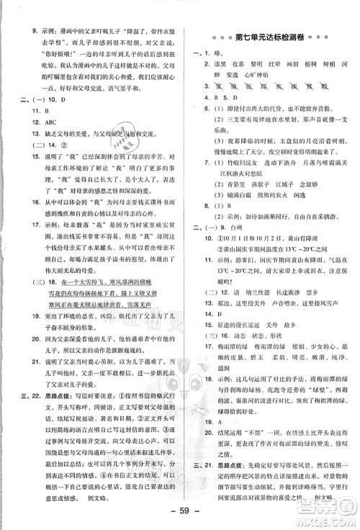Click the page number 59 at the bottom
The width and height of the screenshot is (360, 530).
[179, 515]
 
